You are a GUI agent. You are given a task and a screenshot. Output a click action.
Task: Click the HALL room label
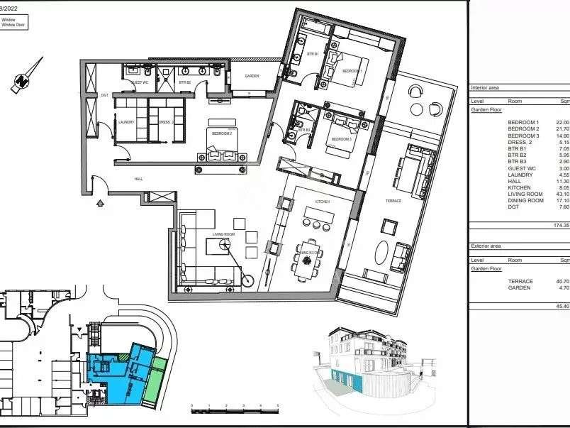tap(138, 179)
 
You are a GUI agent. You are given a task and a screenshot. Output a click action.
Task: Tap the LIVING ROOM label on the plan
tap(223, 234)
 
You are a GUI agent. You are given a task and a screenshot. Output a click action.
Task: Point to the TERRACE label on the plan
tap(393, 201)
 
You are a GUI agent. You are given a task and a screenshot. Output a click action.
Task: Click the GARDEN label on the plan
tap(252, 76)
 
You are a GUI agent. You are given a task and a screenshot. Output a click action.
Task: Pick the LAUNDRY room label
tap(127, 121)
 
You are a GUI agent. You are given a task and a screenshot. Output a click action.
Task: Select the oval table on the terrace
tap(382, 253)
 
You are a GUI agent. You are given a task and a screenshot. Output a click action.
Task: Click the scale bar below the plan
tap(235, 409)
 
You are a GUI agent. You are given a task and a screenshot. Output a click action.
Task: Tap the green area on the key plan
tap(157, 373)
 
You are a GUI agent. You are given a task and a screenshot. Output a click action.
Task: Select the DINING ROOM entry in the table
tap(525, 200)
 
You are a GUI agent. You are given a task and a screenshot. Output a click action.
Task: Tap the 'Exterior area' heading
tap(486, 246)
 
